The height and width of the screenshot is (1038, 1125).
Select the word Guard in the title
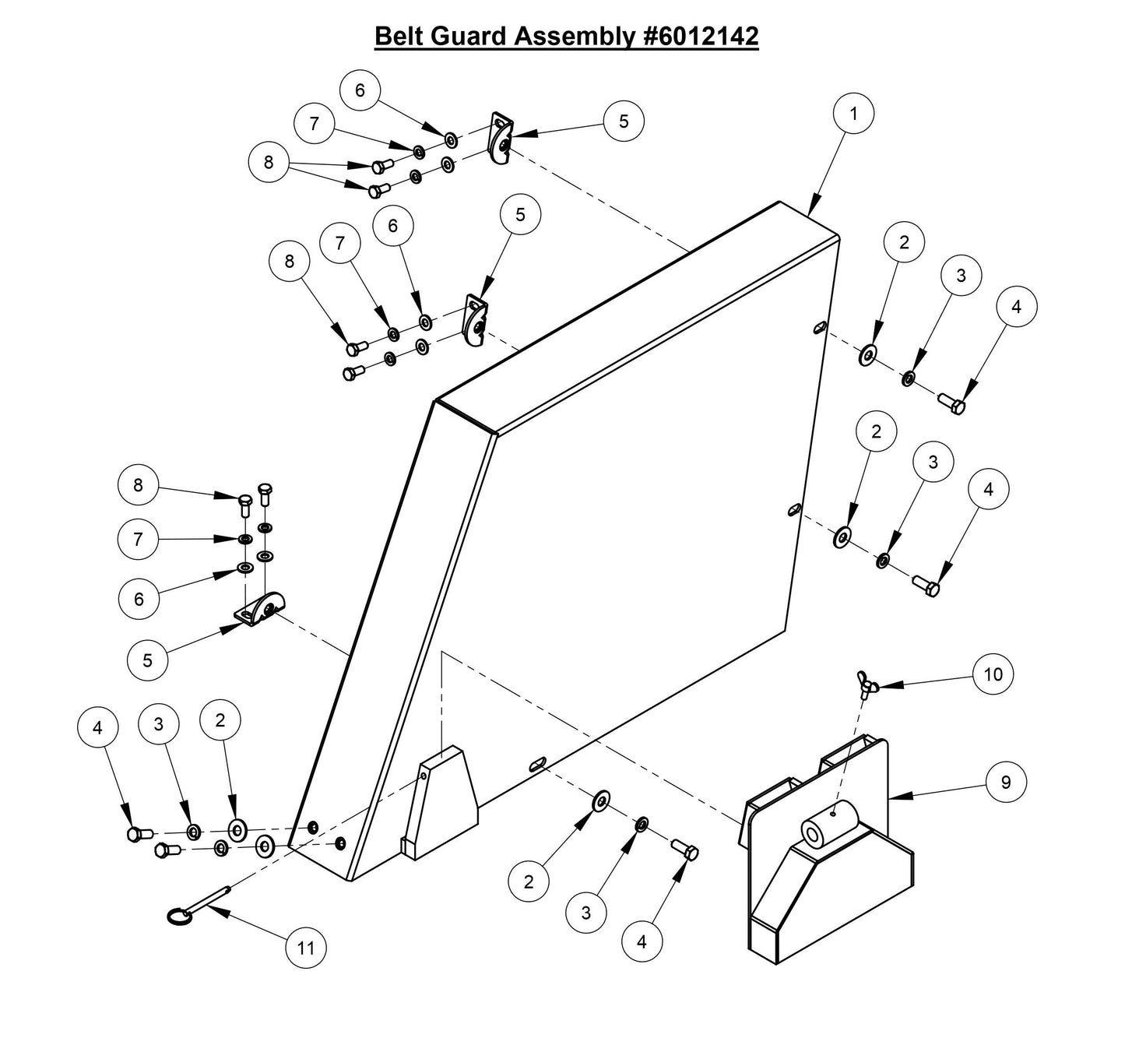click(467, 36)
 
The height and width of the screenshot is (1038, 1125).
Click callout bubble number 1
click(853, 114)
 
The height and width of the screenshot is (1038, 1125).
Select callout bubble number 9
click(1005, 782)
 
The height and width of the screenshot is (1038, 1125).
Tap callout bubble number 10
click(993, 674)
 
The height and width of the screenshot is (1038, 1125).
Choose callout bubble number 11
click(305, 947)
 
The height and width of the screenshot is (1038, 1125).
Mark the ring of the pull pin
click(179, 918)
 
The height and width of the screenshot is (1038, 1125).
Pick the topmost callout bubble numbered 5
click(624, 121)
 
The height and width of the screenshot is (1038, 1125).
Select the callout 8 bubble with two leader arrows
click(269, 162)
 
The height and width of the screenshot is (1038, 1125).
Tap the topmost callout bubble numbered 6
click(360, 90)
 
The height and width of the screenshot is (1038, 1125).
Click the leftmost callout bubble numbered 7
click(138, 539)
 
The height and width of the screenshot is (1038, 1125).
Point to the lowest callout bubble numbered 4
click(642, 941)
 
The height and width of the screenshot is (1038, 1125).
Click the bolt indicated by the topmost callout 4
click(951, 403)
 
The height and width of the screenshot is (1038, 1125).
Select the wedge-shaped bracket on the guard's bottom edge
click(441, 804)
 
